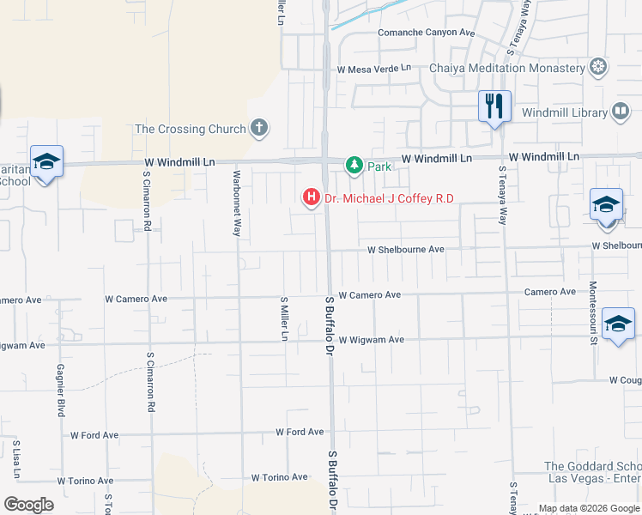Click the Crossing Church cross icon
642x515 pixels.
[258, 129]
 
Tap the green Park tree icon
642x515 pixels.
[353, 164]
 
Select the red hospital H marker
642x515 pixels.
[311, 198]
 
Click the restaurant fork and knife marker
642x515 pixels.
[494, 106]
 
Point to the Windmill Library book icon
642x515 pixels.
[620, 112]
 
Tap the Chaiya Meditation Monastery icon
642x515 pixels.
[598, 67]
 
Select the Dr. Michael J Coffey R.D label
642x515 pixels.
[388, 199]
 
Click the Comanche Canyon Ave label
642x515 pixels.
[427, 33]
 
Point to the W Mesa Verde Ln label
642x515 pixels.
[374, 68]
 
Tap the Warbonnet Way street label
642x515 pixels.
[237, 202]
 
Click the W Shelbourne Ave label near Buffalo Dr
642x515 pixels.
[405, 249]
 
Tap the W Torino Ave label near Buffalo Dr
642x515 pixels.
[279, 477]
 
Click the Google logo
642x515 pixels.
[28, 504]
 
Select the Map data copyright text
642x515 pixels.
[590, 508]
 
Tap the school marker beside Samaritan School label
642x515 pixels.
[45, 162]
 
